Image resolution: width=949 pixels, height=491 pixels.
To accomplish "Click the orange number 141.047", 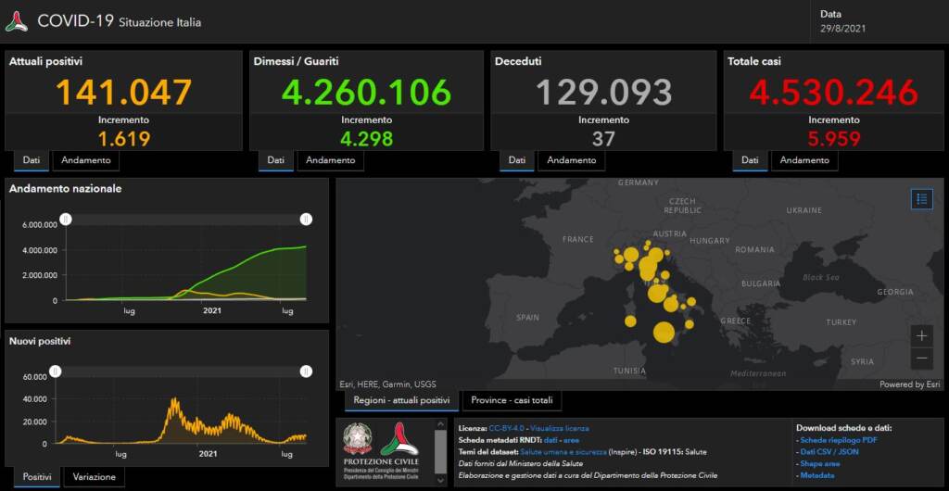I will click(124, 93).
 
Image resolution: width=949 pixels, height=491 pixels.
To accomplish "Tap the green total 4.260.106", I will click(367, 93).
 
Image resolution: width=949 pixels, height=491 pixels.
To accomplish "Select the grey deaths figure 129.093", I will click(603, 93).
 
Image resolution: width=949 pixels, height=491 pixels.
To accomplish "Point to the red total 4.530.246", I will click(834, 93).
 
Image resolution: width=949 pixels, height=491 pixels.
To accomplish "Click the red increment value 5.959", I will click(833, 139).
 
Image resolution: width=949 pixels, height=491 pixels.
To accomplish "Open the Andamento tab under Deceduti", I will click(571, 160).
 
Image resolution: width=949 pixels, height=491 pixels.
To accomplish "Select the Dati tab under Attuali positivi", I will click(31, 160).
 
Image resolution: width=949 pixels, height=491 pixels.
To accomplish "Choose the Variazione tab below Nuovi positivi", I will click(95, 477).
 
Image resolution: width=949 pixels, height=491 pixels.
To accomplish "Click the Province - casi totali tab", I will click(512, 400).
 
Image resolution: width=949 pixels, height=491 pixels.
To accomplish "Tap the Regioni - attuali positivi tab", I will click(401, 400).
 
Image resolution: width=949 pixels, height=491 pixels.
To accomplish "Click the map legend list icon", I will click(921, 198).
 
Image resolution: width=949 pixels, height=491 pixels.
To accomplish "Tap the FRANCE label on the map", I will click(577, 239).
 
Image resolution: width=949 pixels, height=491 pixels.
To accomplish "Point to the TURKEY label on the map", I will click(841, 321).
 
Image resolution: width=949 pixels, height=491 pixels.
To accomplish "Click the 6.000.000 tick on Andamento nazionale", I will click(39, 224).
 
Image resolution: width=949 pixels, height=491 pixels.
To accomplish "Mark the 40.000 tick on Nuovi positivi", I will click(34, 399).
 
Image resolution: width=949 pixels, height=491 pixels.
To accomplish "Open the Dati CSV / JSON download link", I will click(829, 451).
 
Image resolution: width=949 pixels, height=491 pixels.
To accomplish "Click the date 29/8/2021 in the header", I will click(843, 28).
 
